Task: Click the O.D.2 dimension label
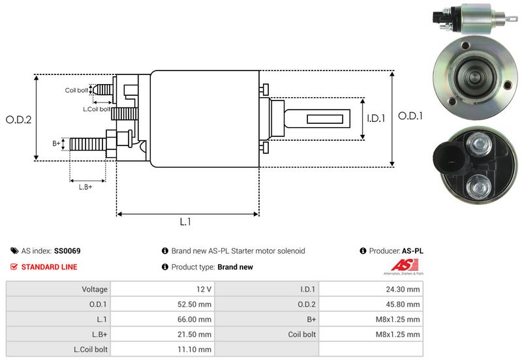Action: [x=19, y=120]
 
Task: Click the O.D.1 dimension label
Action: [x=411, y=116]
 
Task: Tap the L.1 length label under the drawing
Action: [x=185, y=222]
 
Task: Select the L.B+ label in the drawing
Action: [x=85, y=187]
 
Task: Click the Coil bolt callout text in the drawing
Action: [x=76, y=91]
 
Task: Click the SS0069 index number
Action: [x=67, y=250]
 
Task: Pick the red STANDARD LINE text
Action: [x=49, y=267]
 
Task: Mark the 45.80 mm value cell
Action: [x=405, y=304]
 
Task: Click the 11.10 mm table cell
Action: [x=196, y=350]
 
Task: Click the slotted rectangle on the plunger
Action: [x=320, y=119]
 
